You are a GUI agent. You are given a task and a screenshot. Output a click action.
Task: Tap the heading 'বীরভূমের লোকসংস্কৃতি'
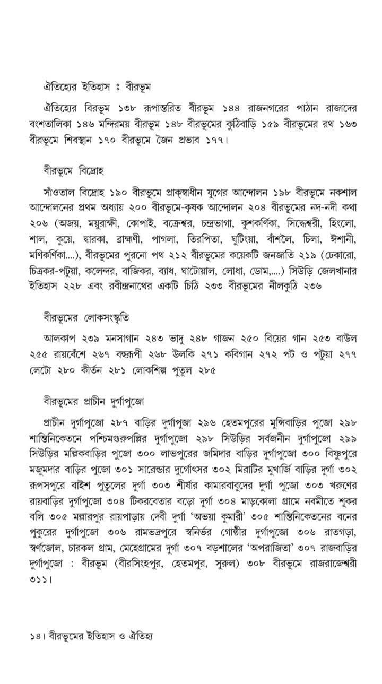point(86,318)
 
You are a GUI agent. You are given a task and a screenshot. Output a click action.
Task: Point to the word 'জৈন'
point(148,141)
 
